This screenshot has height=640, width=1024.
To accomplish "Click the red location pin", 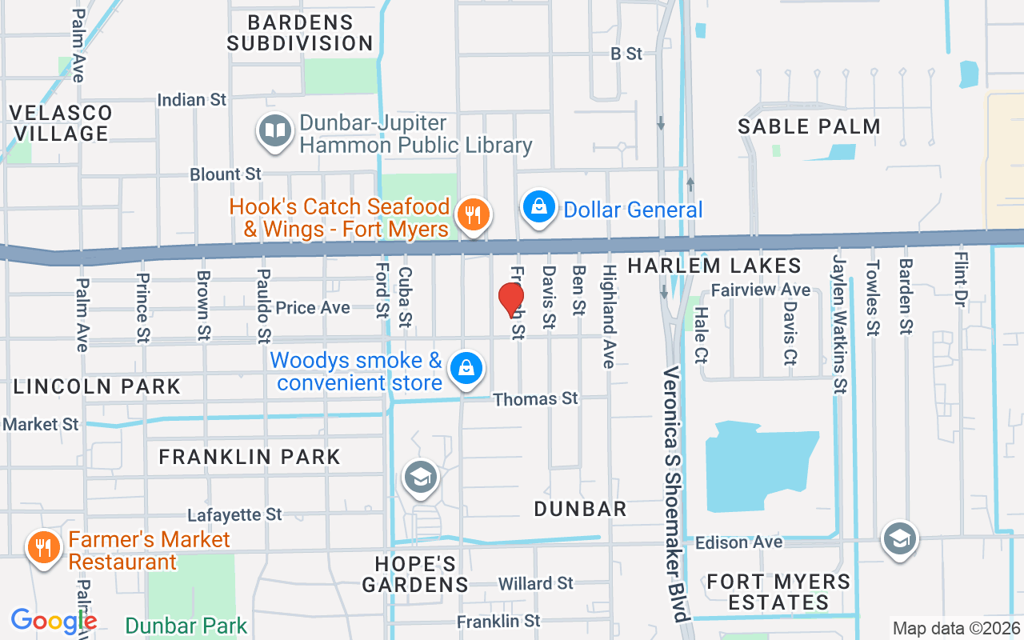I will (511, 301).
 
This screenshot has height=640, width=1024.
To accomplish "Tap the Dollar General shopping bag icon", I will (540, 207).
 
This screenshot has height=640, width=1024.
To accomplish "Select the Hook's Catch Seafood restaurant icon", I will (474, 215).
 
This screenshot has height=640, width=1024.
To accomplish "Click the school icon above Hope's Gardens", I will (421, 478).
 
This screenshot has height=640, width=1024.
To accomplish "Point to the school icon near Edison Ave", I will (899, 540).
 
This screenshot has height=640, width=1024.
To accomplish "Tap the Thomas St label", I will (535, 398).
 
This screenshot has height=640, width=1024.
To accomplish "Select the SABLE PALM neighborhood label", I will (809, 126).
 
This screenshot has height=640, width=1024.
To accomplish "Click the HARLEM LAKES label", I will (714, 266).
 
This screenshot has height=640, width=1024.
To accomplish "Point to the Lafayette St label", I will (234, 514).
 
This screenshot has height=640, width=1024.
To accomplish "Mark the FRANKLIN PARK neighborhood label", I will (250, 457).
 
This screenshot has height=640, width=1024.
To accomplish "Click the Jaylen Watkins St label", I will (838, 324).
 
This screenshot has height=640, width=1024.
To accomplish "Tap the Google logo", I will (54, 621).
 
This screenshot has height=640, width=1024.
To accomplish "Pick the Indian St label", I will (192, 100).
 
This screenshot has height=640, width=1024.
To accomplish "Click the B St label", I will (626, 54).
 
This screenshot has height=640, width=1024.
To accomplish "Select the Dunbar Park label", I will (186, 625).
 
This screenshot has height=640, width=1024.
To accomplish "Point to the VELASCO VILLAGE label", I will (61, 122).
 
